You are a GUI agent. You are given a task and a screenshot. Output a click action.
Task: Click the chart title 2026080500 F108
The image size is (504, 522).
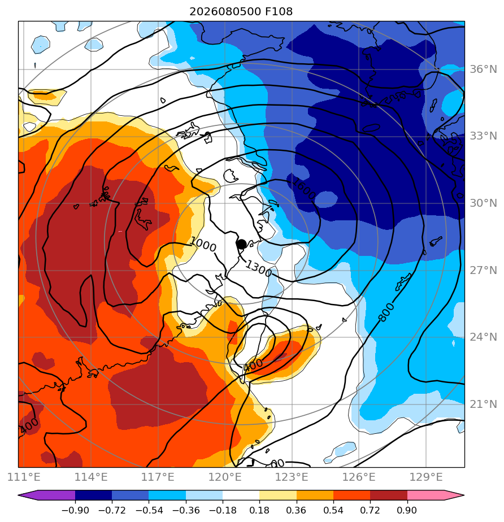click(x=241, y=12)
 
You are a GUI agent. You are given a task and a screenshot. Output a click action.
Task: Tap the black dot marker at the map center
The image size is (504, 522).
click(x=241, y=244)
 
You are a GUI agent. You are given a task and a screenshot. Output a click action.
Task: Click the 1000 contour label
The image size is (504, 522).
click(x=203, y=245)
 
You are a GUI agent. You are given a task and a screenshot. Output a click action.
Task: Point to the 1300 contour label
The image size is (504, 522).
click(x=259, y=269)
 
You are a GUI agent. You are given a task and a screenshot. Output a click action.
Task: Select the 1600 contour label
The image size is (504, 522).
click(x=303, y=189)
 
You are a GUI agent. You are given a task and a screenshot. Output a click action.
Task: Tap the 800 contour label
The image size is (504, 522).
click(x=387, y=312)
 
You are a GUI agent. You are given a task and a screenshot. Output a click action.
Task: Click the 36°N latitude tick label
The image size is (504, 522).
click(x=483, y=69)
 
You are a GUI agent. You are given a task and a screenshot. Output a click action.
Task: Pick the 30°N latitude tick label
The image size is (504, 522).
click(x=483, y=203)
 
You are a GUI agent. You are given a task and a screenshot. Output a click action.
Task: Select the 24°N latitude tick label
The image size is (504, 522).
click(x=483, y=337)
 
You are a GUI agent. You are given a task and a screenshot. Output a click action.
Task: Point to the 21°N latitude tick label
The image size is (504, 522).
click(x=483, y=404)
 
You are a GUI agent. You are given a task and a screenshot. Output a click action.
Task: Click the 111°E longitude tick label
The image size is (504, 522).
click(x=24, y=477)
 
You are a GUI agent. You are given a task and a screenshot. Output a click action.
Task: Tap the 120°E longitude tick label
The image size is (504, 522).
click(x=225, y=477)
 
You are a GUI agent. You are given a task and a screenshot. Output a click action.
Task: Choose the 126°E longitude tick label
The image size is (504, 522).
click(x=359, y=477)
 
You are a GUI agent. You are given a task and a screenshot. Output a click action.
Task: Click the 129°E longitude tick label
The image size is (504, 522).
click(x=426, y=477)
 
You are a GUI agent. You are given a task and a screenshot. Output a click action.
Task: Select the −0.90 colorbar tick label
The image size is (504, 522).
click(x=75, y=510)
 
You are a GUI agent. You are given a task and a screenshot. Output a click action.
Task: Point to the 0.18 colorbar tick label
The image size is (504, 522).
click(x=259, y=510)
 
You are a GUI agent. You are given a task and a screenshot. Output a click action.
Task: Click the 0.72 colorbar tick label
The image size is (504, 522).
click(x=370, y=510)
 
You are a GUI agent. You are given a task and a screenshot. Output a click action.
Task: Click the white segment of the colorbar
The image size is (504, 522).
click(x=241, y=495)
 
